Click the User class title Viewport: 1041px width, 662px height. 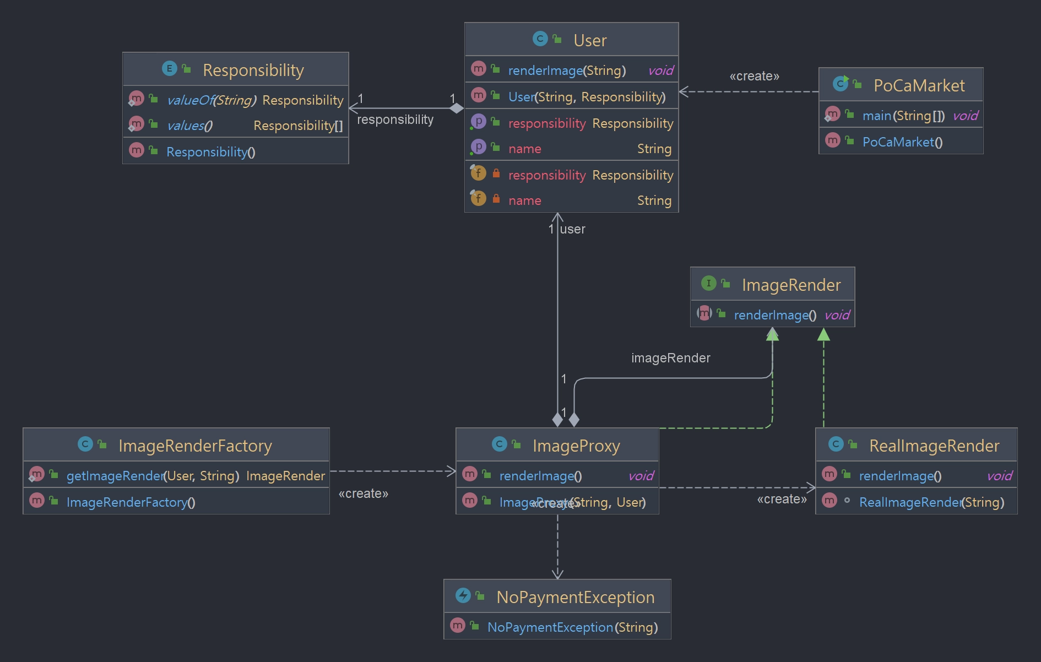click(x=590, y=40)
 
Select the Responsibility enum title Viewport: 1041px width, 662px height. click(x=253, y=70)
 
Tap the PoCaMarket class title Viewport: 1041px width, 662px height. click(x=919, y=85)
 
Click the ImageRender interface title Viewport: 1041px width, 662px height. click(x=791, y=285)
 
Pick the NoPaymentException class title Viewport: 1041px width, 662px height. click(x=576, y=597)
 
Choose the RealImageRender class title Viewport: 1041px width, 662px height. click(x=934, y=446)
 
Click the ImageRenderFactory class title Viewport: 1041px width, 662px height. click(x=195, y=446)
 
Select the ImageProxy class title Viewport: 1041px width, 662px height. click(x=576, y=446)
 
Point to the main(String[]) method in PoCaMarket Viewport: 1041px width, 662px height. click(x=903, y=116)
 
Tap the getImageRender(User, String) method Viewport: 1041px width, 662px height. click(x=153, y=476)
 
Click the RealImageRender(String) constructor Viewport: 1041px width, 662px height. click(x=931, y=502)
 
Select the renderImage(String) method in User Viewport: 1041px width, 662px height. click(x=567, y=70)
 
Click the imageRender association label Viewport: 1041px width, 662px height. click(x=671, y=358)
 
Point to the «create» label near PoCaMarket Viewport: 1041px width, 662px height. click(x=755, y=76)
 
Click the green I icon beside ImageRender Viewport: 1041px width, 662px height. click(x=708, y=283)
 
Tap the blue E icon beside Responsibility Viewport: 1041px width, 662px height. click(x=169, y=68)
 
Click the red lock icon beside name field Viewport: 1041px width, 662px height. click(x=496, y=198)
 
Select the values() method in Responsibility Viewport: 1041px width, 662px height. click(x=189, y=126)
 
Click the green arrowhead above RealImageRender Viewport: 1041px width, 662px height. click(x=823, y=334)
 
